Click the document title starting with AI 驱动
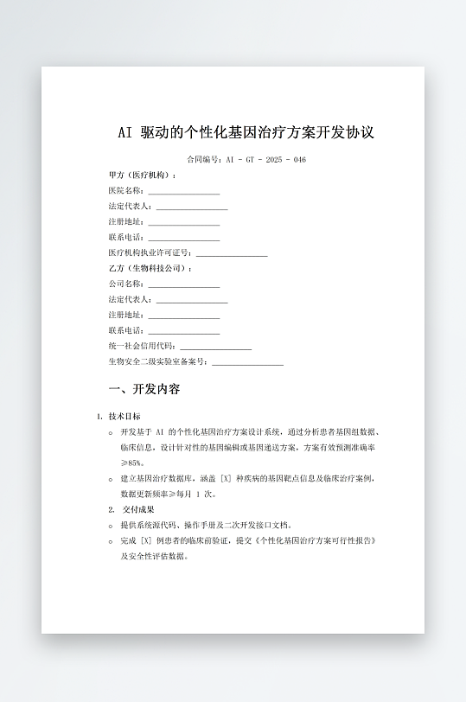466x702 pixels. click(246, 133)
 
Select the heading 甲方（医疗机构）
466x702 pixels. click(142, 175)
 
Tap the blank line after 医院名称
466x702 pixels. click(183, 192)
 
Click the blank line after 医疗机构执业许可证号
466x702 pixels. click(232, 254)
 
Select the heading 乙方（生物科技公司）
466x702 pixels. click(150, 269)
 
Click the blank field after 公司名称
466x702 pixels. click(183, 285)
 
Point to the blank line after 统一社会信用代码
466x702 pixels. click(215, 348)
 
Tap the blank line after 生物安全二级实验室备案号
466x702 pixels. click(247, 363)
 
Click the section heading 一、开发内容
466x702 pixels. click(144, 389)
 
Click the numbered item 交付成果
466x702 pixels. click(133, 509)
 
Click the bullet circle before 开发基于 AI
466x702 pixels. click(111, 431)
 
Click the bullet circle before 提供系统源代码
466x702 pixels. click(111, 526)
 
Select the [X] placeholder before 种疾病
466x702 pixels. click(227, 478)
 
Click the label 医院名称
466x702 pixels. click(125, 191)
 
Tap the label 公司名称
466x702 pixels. click(125, 284)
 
